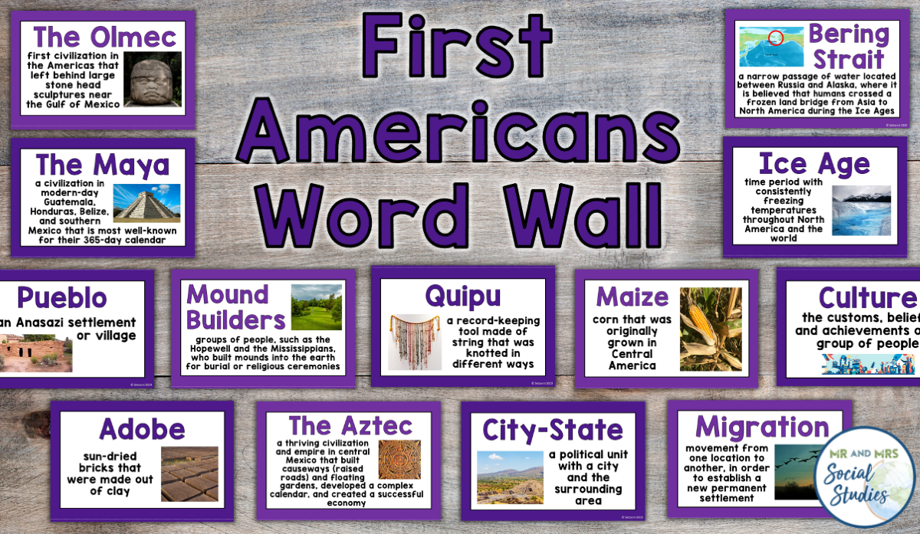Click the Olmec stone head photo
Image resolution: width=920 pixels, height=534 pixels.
pos(152,80)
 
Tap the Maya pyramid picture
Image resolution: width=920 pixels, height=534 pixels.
pos(146,203)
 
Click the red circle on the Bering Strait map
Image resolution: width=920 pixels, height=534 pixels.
pos(776,38)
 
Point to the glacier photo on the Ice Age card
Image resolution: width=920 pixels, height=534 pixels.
pos(861,210)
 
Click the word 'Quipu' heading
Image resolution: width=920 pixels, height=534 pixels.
pos(463,296)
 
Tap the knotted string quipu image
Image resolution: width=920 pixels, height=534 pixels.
pos(415,342)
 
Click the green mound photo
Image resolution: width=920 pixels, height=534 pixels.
pos(316,307)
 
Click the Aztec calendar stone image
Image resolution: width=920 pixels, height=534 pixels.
pos(399,460)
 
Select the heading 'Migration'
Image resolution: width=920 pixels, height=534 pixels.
pos(761,427)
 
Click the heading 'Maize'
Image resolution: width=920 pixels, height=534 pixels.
pos(632,296)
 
